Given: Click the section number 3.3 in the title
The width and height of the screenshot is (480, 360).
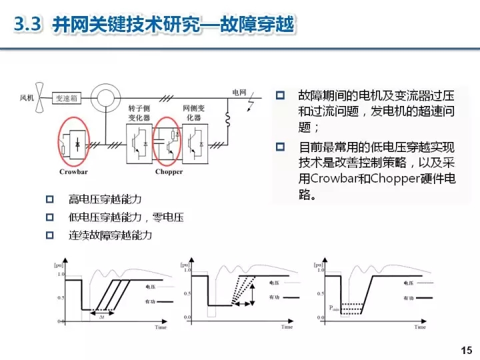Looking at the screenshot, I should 29,25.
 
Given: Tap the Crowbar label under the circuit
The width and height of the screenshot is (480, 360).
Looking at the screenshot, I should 74,171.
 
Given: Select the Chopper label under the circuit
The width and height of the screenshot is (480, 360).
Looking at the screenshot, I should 169,171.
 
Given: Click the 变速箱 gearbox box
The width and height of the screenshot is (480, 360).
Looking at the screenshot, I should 67,97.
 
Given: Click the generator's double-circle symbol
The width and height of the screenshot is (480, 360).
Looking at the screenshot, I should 104,98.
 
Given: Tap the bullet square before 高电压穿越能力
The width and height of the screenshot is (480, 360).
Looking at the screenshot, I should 49,199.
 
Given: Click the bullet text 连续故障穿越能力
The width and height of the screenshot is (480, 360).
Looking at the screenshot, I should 111,235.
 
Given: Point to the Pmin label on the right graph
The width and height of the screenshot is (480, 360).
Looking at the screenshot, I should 333,307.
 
